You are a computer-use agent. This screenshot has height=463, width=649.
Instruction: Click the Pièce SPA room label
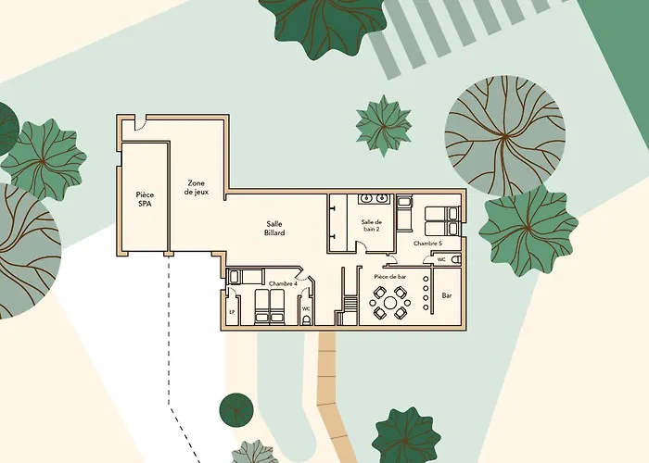[x=145, y=199]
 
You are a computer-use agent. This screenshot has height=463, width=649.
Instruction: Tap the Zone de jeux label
[x=197, y=187]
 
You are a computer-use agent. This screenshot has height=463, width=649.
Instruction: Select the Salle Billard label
[x=274, y=228]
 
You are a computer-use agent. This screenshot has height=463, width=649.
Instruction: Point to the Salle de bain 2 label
[x=371, y=225]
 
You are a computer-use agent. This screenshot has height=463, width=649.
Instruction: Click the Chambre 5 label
[x=427, y=244]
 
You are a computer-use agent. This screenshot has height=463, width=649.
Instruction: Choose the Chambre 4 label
[x=283, y=284]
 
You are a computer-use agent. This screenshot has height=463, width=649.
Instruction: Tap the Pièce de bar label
[x=390, y=277]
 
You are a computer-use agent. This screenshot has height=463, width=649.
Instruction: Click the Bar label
[x=447, y=295]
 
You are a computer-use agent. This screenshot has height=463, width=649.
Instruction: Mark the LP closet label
[x=232, y=312]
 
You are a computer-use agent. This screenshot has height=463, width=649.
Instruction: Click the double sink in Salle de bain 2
[x=374, y=199]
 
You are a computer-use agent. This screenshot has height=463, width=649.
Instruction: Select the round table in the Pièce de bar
[x=390, y=303]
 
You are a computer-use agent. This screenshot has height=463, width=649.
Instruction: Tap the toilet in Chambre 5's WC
[x=456, y=260]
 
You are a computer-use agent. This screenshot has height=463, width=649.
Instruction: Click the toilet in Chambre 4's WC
[x=306, y=320]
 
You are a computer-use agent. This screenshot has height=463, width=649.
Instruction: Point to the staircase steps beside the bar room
[x=350, y=304]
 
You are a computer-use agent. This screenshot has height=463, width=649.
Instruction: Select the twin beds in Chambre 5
[x=442, y=221]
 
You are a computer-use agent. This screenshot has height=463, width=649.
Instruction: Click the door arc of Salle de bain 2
[x=362, y=247]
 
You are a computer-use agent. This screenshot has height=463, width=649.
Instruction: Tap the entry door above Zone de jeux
[x=141, y=122]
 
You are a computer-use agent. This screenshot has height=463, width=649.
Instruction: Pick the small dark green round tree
[x=236, y=410]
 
